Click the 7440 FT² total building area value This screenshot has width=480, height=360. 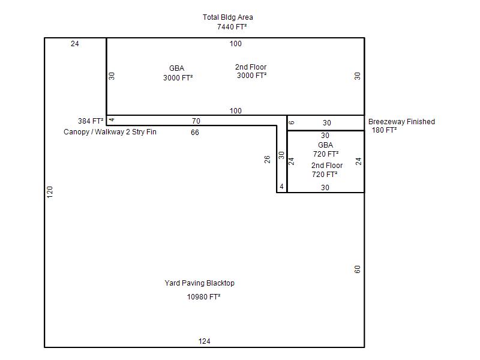232,27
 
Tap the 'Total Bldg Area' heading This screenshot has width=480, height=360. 228,17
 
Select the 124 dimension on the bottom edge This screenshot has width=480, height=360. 204,341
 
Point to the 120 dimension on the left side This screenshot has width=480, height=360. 50,192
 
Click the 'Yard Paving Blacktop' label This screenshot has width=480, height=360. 200,283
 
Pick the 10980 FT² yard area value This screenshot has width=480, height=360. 203,297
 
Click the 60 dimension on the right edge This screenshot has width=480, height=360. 357,269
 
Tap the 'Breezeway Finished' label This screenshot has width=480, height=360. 401,122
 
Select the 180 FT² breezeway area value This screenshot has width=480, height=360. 384,130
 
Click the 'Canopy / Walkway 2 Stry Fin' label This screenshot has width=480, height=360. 110,132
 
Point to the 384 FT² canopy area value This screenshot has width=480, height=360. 91,121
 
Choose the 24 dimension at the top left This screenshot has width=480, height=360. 74,44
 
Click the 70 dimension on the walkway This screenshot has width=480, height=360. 196,121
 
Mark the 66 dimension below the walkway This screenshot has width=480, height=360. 194,133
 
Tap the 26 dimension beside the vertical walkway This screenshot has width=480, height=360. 267,160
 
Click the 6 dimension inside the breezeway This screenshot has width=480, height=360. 292,122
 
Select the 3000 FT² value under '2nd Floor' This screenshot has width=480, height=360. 251,76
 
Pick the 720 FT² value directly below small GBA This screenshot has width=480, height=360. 326,154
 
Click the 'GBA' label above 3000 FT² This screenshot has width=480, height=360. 176,68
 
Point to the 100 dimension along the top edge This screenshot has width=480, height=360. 235,44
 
